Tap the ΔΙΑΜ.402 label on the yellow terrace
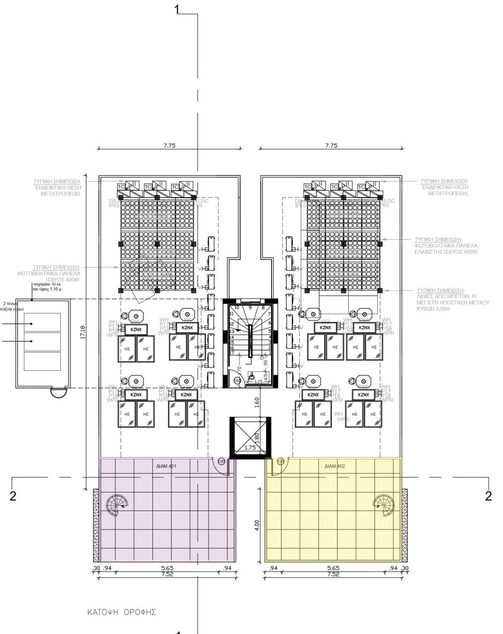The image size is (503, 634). [x=334, y=466]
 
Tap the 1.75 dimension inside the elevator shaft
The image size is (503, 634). [x=251, y=448]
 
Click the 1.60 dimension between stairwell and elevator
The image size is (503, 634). [x=257, y=402]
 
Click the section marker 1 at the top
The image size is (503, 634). [x=180, y=10]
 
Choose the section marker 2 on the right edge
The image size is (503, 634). [x=489, y=496]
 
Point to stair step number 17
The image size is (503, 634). [x=231, y=353]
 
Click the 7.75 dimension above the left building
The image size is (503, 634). [x=169, y=146]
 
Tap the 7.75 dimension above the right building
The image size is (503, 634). [x=331, y=146]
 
